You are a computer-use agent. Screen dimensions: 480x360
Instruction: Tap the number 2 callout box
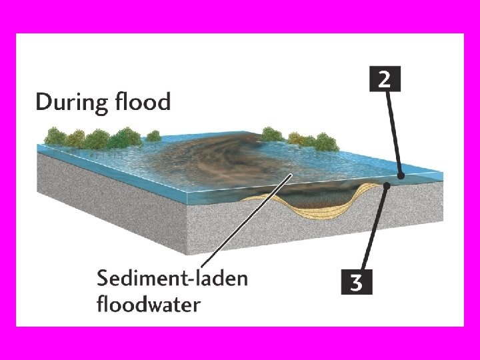tap(384, 81)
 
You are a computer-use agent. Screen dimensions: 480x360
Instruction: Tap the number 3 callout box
tap(357, 282)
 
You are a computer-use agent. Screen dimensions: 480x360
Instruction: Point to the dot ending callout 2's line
tap(401, 176)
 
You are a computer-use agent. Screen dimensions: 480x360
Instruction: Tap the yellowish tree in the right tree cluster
tap(309, 139)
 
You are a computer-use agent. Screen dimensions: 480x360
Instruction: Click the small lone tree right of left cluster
tap(154, 136)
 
